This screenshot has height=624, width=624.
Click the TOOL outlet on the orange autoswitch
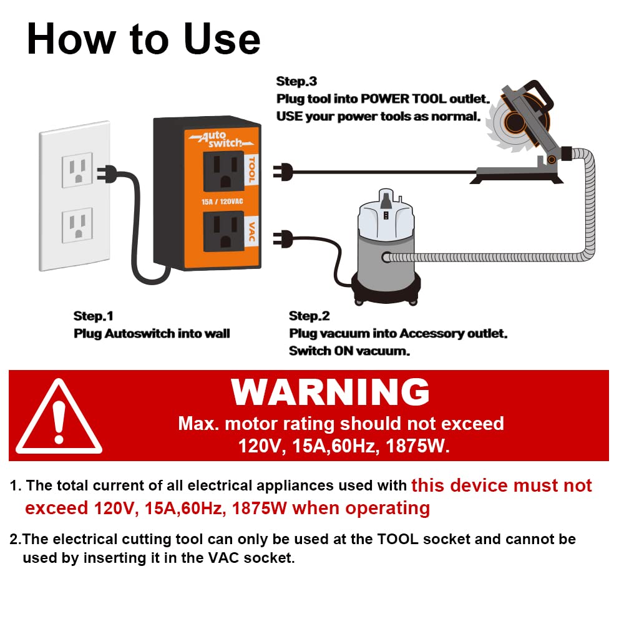pyautogui.click(x=223, y=170)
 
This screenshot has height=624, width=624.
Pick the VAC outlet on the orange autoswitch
pyautogui.click(x=223, y=231)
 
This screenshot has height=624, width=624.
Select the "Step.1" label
pyautogui.click(x=94, y=316)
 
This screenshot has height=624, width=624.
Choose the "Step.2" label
pyautogui.click(x=309, y=316)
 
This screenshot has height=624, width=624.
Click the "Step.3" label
pyautogui.click(x=296, y=82)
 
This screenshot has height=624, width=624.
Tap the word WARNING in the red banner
pyautogui.click(x=330, y=392)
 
